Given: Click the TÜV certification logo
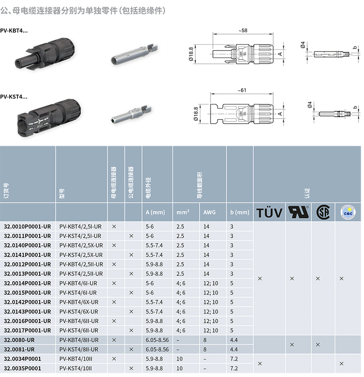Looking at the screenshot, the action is pyautogui.click(x=269, y=213).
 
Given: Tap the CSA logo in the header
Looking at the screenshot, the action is pyautogui.click(x=323, y=212).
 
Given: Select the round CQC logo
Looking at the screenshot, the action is pyautogui.click(x=348, y=212).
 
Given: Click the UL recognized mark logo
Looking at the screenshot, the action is pyautogui.click(x=299, y=212).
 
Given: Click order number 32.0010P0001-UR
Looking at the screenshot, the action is pyautogui.click(x=28, y=227).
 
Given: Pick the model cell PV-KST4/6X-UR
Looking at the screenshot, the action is pyautogui.click(x=79, y=312).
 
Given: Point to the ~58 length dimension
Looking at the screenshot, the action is pyautogui.click(x=243, y=30).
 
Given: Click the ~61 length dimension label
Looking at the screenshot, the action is pyautogui.click(x=242, y=90).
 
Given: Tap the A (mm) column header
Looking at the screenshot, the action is pyautogui.click(x=155, y=212).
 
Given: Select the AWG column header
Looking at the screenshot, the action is pyautogui.click(x=209, y=212).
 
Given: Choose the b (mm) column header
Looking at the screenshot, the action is pyautogui.click(x=240, y=212).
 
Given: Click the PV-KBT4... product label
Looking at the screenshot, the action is pyautogui.click(x=14, y=30).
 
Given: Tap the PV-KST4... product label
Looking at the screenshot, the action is pyautogui.click(x=14, y=97).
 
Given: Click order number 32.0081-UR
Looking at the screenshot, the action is pyautogui.click(x=19, y=349).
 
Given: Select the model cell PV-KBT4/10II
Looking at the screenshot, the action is pyautogui.click(x=76, y=359).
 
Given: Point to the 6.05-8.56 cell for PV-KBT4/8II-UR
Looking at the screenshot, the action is pyautogui.click(x=157, y=340).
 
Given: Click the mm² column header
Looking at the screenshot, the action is pyautogui.click(x=183, y=212).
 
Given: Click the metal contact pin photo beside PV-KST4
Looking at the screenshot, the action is pyautogui.click(x=131, y=114).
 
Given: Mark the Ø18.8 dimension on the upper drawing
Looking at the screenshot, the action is pyautogui.click(x=191, y=54).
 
